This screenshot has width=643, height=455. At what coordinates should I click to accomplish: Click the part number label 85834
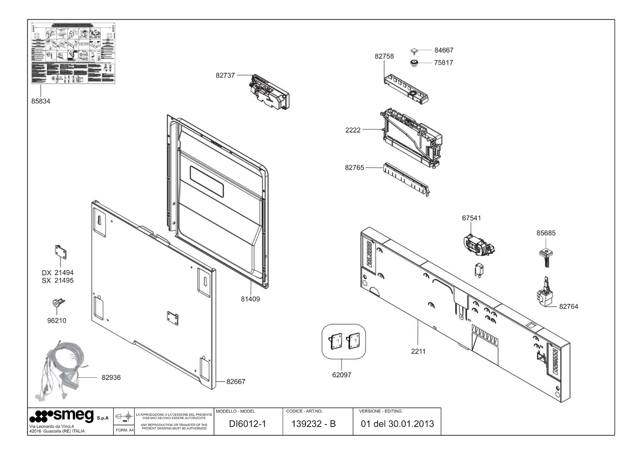tap(41, 101)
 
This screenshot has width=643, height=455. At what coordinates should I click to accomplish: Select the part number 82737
tap(225, 75)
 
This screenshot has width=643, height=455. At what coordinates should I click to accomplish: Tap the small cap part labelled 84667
tap(414, 51)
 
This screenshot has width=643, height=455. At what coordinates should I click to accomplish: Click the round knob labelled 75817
tap(414, 63)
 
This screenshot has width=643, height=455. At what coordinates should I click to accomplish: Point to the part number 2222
tap(353, 130)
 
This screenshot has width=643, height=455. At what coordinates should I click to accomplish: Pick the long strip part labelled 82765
tap(406, 180)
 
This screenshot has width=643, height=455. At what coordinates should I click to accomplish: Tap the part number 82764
tap(569, 306)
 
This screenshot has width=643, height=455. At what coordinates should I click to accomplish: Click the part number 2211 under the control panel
tap(418, 351)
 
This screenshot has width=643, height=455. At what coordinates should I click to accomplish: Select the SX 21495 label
tap(58, 281)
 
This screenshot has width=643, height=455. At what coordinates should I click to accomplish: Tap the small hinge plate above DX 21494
tap(60, 253)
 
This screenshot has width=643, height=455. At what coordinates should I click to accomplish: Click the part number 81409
tap(250, 299)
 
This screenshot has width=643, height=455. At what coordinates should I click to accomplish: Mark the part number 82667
tap(236, 381)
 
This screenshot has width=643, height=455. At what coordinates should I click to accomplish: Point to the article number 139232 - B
tap(314, 424)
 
